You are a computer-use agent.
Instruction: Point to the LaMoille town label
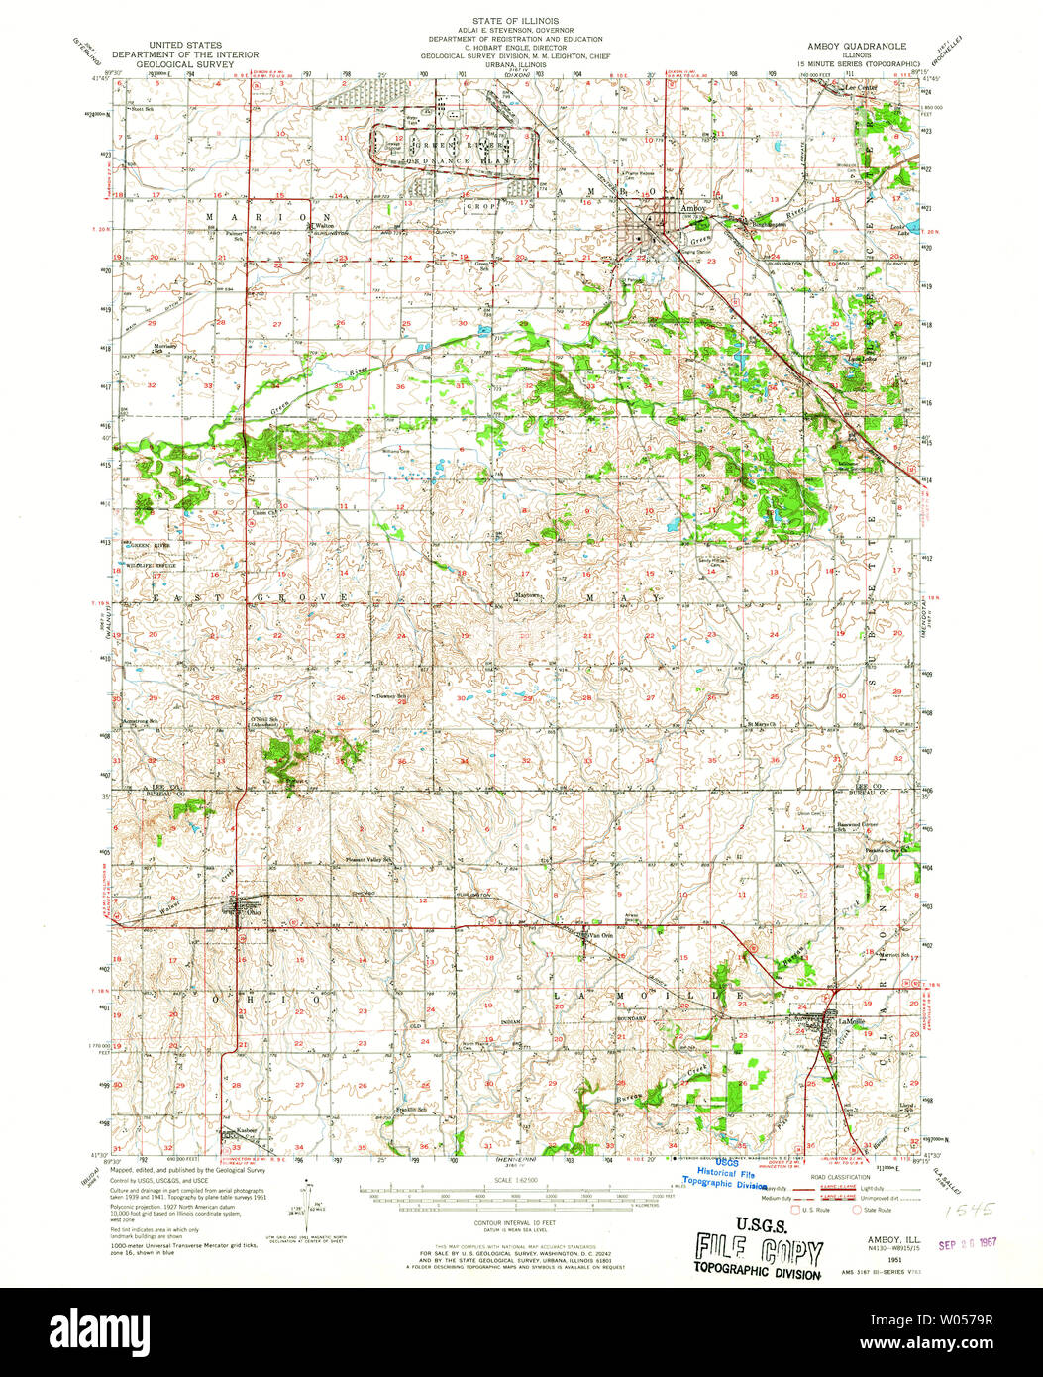[825, 1019]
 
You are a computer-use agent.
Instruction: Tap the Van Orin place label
[601, 934]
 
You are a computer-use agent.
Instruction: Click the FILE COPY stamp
[758, 1250]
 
